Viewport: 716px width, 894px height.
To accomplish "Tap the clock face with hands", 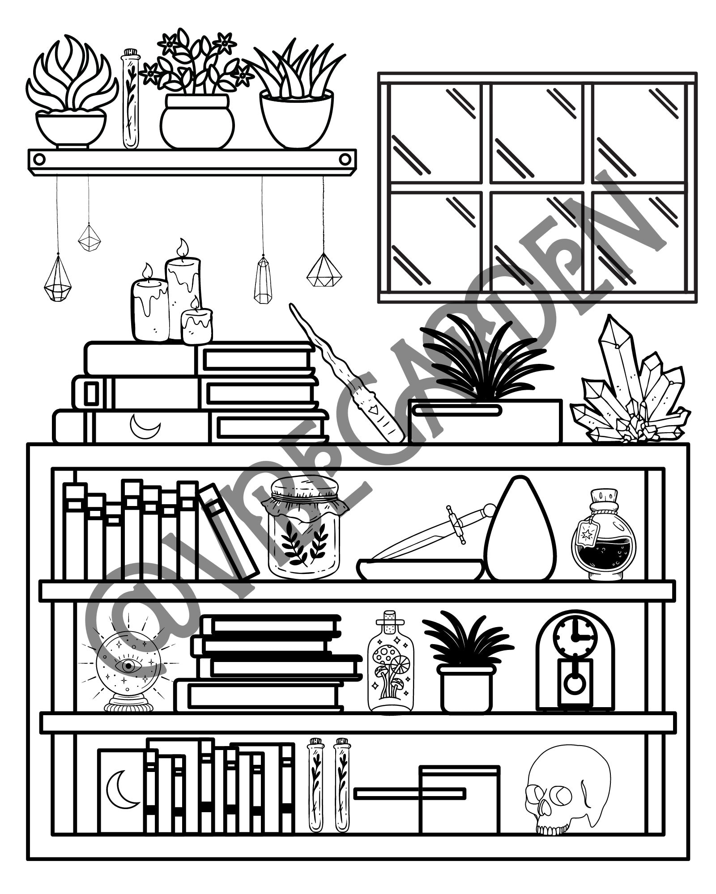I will (x=575, y=637).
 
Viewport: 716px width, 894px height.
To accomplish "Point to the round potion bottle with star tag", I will (x=603, y=541).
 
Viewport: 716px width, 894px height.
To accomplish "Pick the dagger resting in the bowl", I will (x=430, y=534).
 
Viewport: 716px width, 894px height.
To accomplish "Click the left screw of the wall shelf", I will (x=39, y=159).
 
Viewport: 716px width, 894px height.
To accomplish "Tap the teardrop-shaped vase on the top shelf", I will (x=520, y=532).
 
